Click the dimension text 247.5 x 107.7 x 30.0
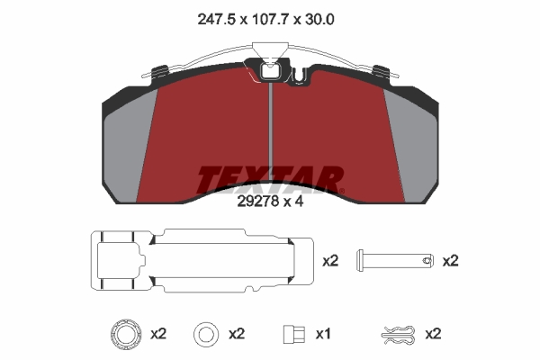coord(265,19)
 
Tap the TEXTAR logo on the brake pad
coord(270,179)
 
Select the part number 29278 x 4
coord(270,202)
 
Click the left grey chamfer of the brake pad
coord(128,148)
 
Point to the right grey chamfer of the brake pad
coord(411,148)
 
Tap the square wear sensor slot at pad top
coord(271,72)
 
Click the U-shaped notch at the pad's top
coord(300,76)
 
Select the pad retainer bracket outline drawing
coord(202,261)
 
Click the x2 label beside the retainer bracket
coord(330,261)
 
